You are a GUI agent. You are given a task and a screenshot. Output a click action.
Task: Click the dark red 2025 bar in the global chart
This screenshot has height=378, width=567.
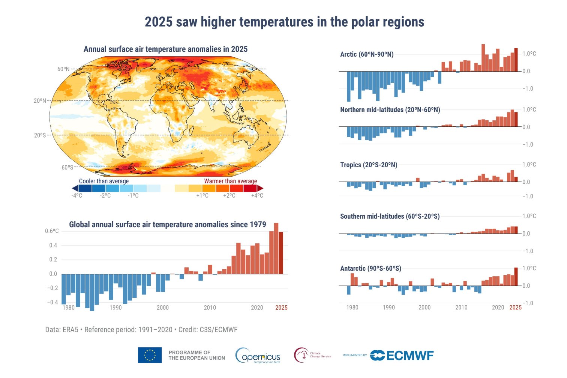tap(281, 253)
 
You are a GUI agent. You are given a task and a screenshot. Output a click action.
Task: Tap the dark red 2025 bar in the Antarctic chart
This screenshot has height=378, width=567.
tap(516, 277)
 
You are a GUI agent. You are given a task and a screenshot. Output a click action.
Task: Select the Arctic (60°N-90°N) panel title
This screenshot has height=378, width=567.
tap(367, 54)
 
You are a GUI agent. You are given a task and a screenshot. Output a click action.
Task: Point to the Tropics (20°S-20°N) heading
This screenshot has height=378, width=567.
tap(369, 165)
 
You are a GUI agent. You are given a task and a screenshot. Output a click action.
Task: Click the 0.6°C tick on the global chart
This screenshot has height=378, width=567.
tap(52, 231)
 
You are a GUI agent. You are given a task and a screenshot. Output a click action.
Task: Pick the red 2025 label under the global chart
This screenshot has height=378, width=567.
tap(281, 307)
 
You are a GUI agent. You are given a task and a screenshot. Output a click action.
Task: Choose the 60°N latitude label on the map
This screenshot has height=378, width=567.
tap(63, 69)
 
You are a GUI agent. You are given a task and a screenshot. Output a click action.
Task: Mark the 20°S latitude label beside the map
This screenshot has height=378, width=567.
tap(40, 135)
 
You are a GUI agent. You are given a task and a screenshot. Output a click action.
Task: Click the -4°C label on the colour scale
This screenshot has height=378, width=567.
tap(77, 196)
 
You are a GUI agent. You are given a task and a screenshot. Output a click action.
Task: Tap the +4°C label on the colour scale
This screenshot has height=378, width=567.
tap(257, 196)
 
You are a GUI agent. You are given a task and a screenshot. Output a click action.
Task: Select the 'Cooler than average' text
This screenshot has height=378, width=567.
tap(104, 181)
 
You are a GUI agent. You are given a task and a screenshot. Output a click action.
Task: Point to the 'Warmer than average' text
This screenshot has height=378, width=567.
tap(231, 181)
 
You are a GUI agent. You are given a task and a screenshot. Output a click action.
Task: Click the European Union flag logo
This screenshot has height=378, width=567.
tap(150, 355)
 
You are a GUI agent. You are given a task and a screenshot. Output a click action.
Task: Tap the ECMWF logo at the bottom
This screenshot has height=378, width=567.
tap(402, 355)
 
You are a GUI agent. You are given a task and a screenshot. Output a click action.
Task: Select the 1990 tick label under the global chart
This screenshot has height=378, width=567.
tap(115, 307)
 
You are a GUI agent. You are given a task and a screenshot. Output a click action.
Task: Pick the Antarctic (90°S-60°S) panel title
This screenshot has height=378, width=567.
tap(370, 268)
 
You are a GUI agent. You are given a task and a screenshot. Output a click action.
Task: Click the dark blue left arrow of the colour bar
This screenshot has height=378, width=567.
tap(75, 188)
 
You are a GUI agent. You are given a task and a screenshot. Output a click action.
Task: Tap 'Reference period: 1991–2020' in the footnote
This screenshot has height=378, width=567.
tap(128, 330)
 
